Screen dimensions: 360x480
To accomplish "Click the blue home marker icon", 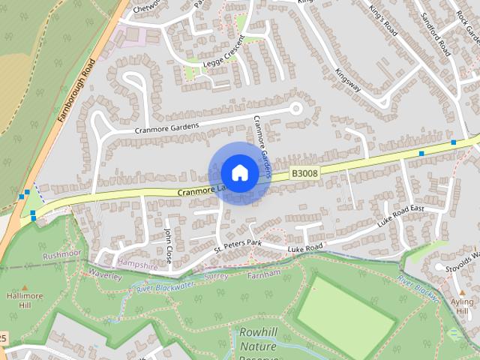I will [239, 172].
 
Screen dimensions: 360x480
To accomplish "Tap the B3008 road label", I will [304, 173].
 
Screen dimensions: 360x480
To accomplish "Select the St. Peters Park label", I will [238, 245].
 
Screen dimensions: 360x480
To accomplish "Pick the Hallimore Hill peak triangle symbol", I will [25, 288].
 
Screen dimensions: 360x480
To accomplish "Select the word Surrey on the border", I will [217, 276].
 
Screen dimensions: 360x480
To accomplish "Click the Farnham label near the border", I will [264, 274].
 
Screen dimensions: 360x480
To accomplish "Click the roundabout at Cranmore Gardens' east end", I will [295, 109].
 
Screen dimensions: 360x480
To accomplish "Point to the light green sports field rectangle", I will [344, 308].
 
